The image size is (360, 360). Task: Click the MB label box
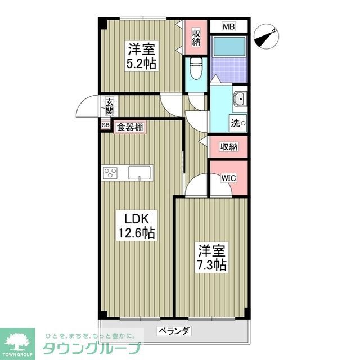pos(228,26)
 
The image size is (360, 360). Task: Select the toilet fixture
pos(195,69)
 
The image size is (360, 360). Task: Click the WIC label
pos(228,178)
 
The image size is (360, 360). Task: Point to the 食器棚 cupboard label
pos(130,127)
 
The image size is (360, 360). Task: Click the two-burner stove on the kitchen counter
pos(110,173)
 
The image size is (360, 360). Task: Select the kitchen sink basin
pos(140,172)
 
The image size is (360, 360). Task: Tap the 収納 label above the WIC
pos(228,147)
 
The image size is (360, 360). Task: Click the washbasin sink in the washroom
pos(240,99)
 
